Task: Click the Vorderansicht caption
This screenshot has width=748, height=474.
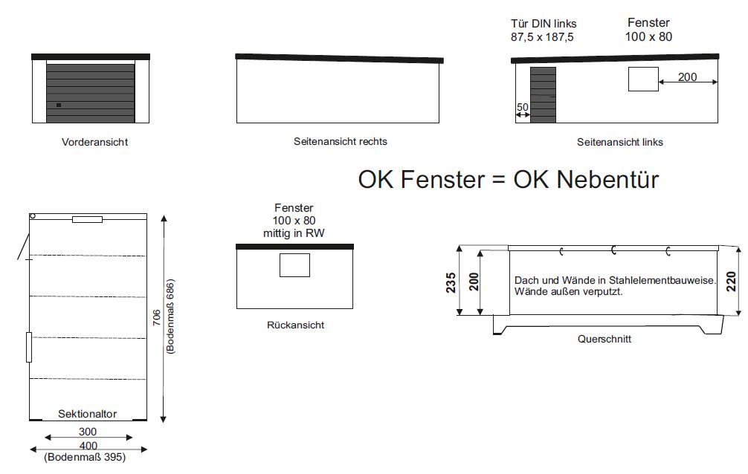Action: click(x=94, y=142)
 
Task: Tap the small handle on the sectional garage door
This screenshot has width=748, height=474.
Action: click(x=59, y=105)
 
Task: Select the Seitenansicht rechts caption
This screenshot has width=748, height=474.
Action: click(x=340, y=142)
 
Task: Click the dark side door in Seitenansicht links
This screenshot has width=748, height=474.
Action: click(x=543, y=95)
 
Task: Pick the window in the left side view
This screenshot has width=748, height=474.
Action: click(x=643, y=79)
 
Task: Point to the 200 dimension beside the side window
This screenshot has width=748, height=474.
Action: click(x=688, y=77)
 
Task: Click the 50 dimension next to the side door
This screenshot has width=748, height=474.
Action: click(x=523, y=107)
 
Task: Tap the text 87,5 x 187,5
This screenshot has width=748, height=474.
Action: click(x=542, y=37)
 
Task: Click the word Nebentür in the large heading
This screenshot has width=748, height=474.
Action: click(x=607, y=180)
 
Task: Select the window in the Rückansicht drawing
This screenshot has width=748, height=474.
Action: click(x=294, y=265)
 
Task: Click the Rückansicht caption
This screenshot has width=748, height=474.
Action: click(x=295, y=325)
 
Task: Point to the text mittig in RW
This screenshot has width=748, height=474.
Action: click(x=294, y=233)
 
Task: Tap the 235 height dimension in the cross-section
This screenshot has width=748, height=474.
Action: click(x=451, y=283)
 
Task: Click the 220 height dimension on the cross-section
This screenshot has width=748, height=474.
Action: click(x=731, y=282)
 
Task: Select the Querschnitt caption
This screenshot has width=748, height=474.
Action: click(x=604, y=339)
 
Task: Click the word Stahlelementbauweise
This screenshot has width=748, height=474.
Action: click(x=662, y=280)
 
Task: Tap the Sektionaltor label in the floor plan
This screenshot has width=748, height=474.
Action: click(x=87, y=414)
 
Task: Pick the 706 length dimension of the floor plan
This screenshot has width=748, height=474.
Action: click(x=156, y=318)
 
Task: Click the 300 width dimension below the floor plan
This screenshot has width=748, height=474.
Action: click(x=88, y=432)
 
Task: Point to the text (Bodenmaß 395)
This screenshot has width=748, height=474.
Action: click(x=85, y=458)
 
